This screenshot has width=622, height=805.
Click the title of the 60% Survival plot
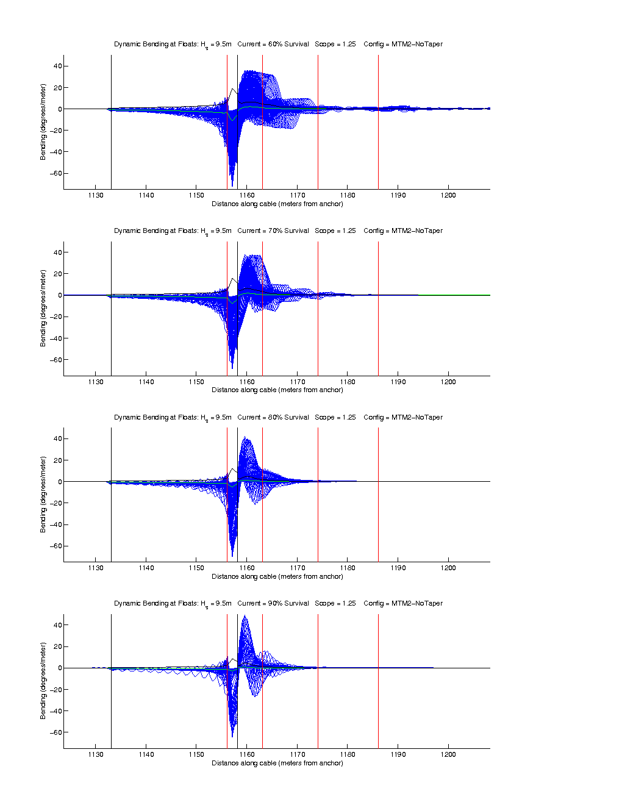[278, 45]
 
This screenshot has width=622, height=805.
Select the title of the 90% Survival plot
[278, 604]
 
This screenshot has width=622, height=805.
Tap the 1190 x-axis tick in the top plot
[398, 196]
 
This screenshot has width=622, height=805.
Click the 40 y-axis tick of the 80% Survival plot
[57, 438]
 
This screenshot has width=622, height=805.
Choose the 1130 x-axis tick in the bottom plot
[96, 754]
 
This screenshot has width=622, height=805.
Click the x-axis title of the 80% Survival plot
[277, 576]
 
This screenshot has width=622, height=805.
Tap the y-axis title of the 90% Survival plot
[43, 681]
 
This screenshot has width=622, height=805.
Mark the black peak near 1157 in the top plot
[233, 89]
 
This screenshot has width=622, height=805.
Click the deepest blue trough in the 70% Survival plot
[232, 368]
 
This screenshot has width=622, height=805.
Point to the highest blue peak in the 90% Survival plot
[245, 616]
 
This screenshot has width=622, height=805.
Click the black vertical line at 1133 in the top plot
[111, 122]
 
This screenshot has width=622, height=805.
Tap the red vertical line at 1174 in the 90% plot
[318, 681]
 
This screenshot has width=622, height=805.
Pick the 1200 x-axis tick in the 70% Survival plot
[448, 382]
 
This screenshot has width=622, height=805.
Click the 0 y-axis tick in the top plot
[60, 109]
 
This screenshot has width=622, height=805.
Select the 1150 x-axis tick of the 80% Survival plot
[196, 568]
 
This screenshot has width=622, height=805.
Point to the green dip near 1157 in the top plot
[232, 120]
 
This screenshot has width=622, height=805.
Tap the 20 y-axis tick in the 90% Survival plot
[57, 646]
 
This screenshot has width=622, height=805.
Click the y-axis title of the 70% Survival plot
[43, 308]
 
